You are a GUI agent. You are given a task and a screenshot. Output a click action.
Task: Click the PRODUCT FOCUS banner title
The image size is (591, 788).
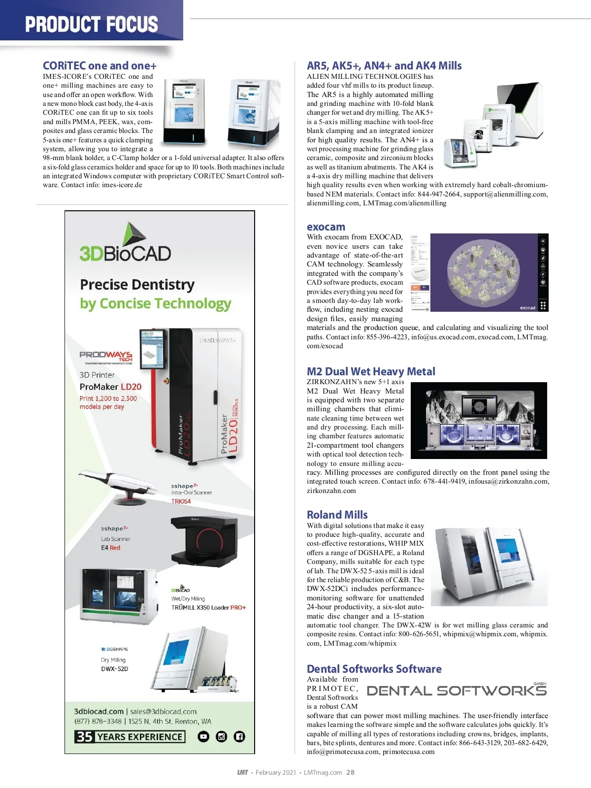pos(92,24)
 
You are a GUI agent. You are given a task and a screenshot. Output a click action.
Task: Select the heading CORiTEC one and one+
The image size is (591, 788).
pos(99,66)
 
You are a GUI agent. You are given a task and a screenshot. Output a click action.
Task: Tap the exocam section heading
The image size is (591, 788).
pos(326,227)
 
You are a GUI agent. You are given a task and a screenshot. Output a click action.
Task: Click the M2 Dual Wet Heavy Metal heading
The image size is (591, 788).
pos(371,371)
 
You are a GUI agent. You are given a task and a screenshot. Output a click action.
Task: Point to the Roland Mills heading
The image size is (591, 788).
pos(337,515)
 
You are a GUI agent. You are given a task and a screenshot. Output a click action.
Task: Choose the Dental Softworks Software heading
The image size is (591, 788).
pos(374,669)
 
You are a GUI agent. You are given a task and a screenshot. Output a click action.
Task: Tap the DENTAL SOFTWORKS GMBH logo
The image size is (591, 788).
pos(457,690)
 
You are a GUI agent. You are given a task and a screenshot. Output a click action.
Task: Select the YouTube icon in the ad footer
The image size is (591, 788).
pos(203,737)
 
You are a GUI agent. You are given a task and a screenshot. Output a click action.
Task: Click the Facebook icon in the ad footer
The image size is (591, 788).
pos(239,737)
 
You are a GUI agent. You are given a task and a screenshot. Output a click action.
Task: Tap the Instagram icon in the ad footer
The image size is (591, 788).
pos(222,737)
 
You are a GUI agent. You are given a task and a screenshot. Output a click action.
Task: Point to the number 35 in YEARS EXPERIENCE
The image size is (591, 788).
pos(84,737)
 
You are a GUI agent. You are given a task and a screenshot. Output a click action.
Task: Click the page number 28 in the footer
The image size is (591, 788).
pos(350,772)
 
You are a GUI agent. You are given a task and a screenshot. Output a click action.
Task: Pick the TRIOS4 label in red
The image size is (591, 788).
pos(181,501)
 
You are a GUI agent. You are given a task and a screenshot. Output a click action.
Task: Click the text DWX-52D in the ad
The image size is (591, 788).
pos(114,669)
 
